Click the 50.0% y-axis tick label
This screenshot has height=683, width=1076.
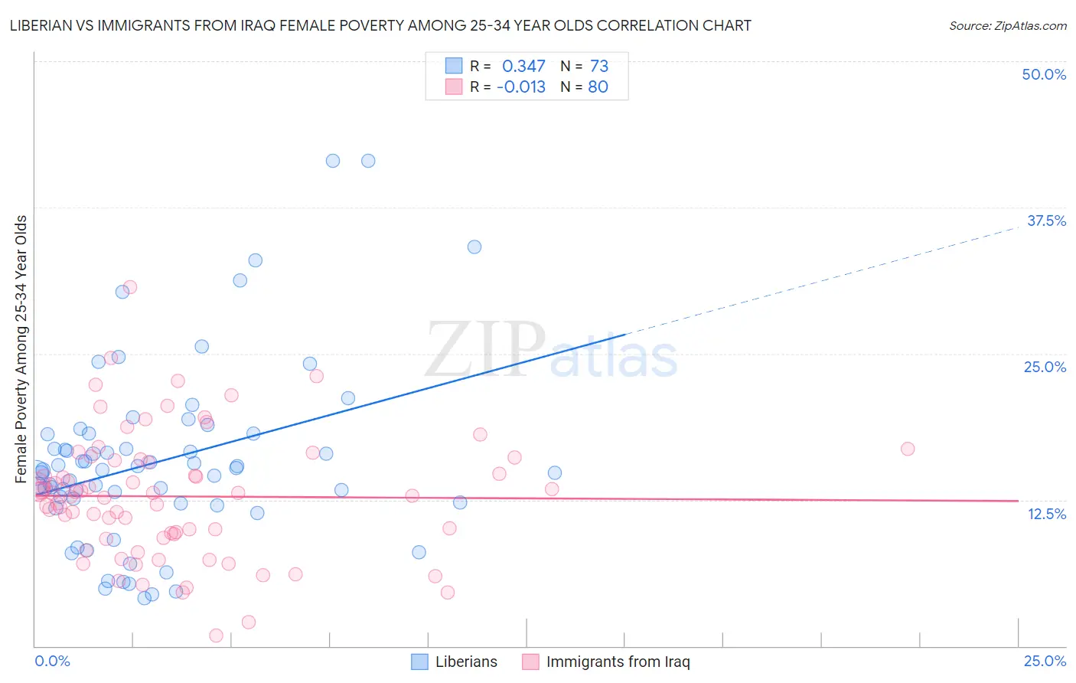click(1044, 74)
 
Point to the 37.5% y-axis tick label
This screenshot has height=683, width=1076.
click(1046, 221)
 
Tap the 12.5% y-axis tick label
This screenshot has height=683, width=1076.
click(1046, 514)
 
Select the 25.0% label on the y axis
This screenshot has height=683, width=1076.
click(1045, 367)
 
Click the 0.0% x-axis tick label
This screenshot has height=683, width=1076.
click(52, 661)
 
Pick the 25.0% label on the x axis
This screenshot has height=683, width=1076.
click(1045, 661)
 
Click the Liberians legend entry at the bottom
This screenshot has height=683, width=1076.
click(455, 662)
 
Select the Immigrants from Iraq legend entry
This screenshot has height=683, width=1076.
click(606, 662)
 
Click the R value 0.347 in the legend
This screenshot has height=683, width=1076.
click(523, 67)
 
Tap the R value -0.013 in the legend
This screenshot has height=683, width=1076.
click(520, 87)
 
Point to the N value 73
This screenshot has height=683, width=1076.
click(598, 67)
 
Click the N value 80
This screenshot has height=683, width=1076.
click(598, 87)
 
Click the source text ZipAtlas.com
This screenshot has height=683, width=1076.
click(1007, 25)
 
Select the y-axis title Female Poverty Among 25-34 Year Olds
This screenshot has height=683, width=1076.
click(21, 349)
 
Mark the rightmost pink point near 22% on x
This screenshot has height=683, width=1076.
click(908, 449)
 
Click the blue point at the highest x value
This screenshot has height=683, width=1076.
click(555, 473)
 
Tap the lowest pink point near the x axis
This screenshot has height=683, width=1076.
click(217, 636)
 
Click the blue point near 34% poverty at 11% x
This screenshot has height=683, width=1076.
click(474, 247)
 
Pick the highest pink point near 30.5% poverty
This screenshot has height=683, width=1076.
click(130, 287)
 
